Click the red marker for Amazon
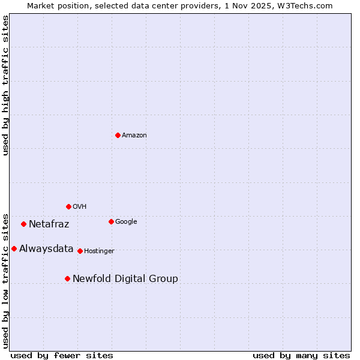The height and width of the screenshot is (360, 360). click(x=118, y=135)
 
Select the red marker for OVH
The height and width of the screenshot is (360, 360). click(x=68, y=206)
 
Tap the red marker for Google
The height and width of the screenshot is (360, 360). click(x=111, y=221)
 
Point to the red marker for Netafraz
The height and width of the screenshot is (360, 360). click(x=23, y=224)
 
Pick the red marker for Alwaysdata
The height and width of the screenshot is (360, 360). click(x=14, y=248)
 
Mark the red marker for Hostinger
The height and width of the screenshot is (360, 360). click(x=80, y=251)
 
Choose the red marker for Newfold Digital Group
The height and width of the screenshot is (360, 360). click(x=67, y=278)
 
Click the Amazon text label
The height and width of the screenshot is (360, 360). click(x=134, y=136)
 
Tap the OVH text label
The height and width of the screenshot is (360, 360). click(x=80, y=207)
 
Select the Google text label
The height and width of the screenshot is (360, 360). click(x=126, y=222)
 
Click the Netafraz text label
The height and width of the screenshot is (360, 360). click(x=49, y=224)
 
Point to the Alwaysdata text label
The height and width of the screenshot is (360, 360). click(x=46, y=249)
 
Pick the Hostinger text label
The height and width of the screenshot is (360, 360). click(x=99, y=251)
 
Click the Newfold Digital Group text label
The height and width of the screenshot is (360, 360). click(x=125, y=279)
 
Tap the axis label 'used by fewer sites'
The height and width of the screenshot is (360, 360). click(x=62, y=355)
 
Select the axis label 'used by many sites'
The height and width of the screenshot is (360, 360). click(x=301, y=355)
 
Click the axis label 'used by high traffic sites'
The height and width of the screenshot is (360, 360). click(x=5, y=85)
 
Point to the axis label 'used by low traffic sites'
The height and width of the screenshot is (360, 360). click(x=5, y=280)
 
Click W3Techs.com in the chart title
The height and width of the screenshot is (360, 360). click(x=308, y=5)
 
